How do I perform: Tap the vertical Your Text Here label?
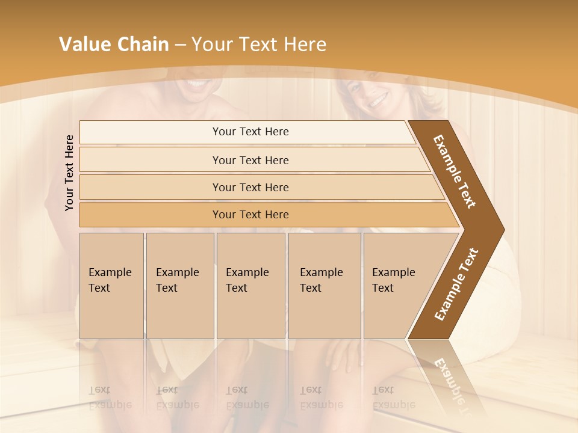point(69,173)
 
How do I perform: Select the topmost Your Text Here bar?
point(250,132)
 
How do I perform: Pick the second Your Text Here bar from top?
point(250,160)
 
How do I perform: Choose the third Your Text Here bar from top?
point(250,187)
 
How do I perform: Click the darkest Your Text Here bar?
point(250,215)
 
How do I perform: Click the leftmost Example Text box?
point(111,286)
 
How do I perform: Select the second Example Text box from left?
point(179,286)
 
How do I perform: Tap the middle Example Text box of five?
point(250,286)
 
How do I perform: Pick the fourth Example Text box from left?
point(324,286)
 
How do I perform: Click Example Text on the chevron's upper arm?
point(455,171)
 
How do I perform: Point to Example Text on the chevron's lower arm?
point(456,284)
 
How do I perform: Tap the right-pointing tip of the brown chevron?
point(502,230)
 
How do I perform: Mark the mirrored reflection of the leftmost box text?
point(110,398)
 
